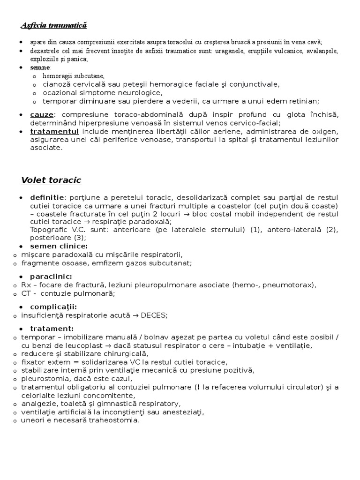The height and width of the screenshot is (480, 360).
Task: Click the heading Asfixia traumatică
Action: (54, 25)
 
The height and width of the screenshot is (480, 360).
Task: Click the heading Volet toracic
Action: (51, 180)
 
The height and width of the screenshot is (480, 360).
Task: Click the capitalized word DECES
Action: (154, 315)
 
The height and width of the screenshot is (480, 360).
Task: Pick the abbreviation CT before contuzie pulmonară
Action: (27, 293)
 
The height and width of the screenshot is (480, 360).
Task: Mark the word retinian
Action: (304, 101)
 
